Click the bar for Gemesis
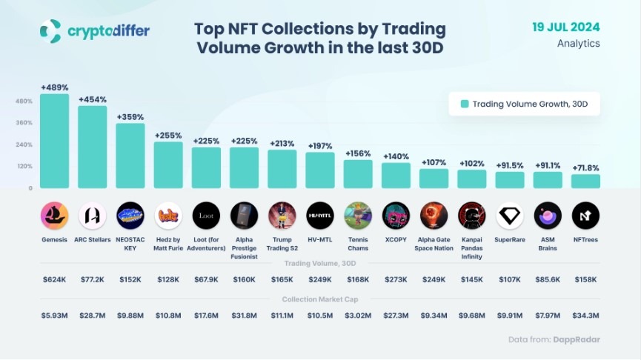(54, 141)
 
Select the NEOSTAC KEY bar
(130, 156)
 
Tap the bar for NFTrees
(585, 181)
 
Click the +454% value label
(93, 99)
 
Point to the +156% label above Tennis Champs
(358, 153)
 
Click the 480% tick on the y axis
(24, 101)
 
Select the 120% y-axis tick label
(24, 166)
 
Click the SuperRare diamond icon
(510, 216)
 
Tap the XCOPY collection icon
(396, 216)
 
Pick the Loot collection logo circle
(206, 216)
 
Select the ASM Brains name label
(548, 244)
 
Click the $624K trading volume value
(54, 279)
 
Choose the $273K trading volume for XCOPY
(396, 279)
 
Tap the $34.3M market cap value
(585, 316)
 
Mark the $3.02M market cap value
(358, 316)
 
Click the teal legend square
(465, 104)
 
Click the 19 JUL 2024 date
(566, 27)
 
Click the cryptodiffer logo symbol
(50, 31)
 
